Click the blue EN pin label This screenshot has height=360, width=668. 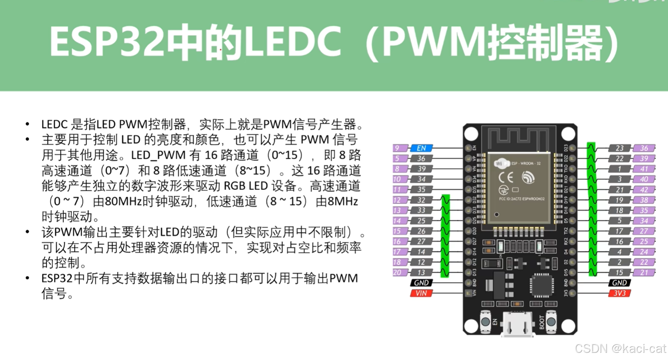421,148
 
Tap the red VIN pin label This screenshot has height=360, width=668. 421,293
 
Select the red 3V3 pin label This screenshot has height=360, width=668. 619,293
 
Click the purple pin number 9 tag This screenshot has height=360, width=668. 398,148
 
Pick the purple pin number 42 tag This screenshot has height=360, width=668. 644,190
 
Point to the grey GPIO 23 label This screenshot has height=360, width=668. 619,148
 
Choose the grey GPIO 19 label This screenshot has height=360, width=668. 619,200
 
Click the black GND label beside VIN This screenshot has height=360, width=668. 421,283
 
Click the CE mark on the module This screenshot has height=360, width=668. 506,177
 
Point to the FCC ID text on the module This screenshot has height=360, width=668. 522,199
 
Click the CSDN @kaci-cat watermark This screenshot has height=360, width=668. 620,349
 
